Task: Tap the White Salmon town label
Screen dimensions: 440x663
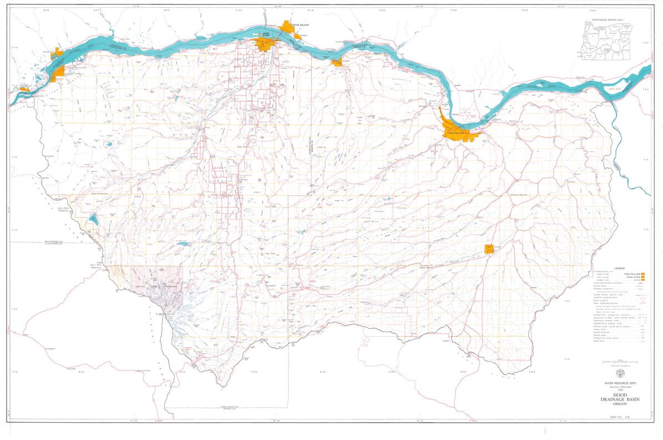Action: click(x=300, y=25)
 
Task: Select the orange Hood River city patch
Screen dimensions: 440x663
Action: click(x=263, y=44)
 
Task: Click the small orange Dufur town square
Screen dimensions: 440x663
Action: click(x=489, y=249)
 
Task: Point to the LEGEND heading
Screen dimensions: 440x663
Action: click(x=619, y=268)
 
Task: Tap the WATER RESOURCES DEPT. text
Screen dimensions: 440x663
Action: click(x=619, y=383)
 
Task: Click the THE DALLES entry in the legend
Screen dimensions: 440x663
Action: click(x=632, y=274)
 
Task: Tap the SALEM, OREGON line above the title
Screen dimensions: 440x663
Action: click(x=619, y=387)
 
